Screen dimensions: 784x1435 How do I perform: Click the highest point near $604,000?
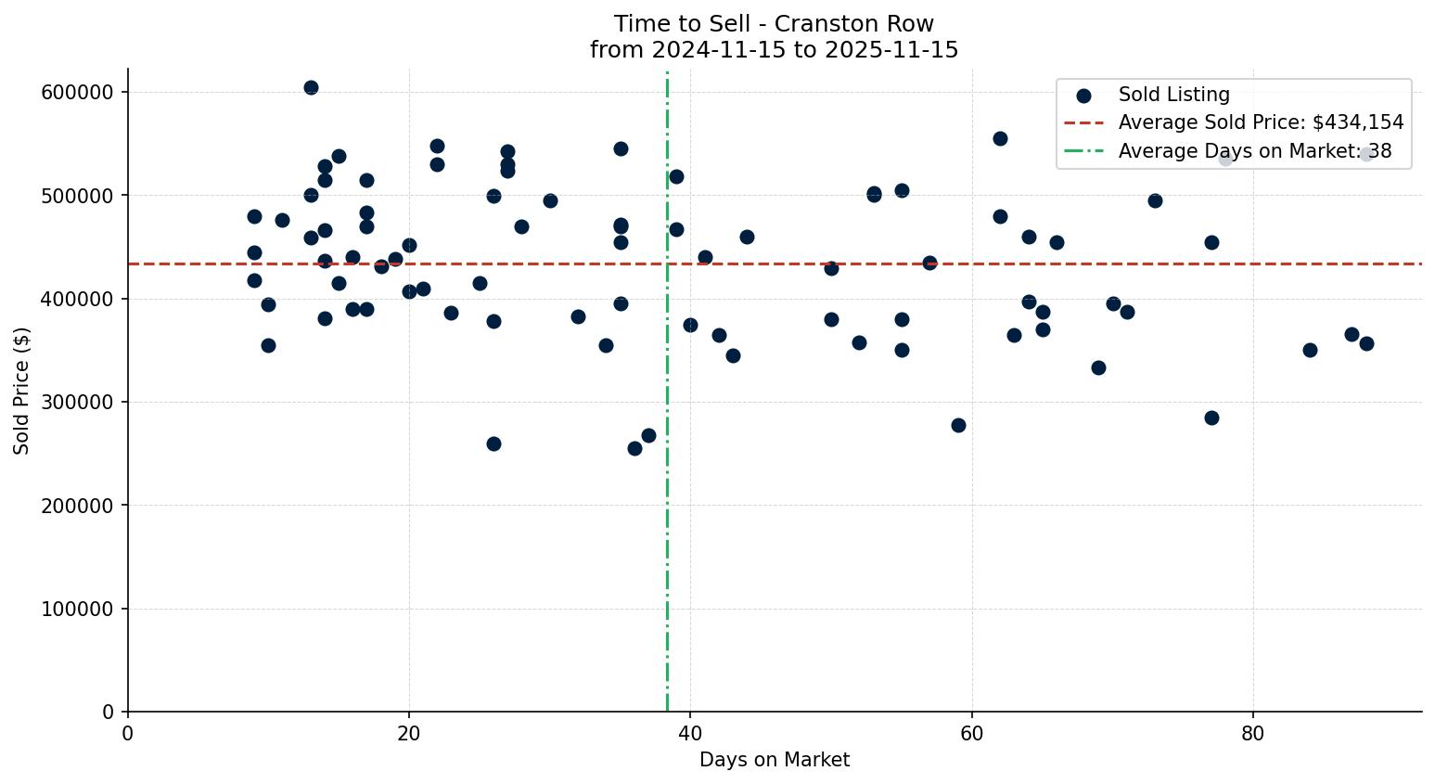(311, 88)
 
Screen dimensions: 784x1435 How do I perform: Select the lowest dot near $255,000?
(634, 448)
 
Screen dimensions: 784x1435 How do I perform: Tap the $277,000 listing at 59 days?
(958, 425)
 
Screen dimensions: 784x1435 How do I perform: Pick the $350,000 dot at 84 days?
(1310, 350)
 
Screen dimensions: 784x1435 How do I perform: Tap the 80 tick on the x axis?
(1252, 733)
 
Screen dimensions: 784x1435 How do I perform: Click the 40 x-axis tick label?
(690, 733)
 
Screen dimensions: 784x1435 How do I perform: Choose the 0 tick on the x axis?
(128, 733)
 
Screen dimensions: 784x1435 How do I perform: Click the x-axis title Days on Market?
(774, 761)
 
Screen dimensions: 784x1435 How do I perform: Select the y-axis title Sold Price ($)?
(22, 391)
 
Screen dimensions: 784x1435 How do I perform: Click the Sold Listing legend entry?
(1173, 95)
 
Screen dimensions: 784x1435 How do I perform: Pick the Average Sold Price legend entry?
(1261, 122)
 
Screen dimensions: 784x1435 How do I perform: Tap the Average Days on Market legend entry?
(1254, 151)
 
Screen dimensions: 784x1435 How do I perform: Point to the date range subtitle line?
(774, 50)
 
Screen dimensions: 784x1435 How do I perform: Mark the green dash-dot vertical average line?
(667, 557)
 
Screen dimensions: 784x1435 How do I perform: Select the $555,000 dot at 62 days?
(1000, 138)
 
